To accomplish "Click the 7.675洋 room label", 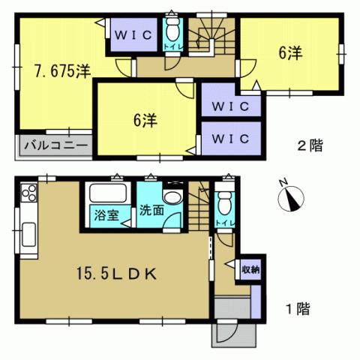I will [61, 72].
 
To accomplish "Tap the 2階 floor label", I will [310, 146].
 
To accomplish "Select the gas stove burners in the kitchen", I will [30, 195].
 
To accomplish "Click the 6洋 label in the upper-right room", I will [290, 53].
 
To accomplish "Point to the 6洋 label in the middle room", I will [146, 120].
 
